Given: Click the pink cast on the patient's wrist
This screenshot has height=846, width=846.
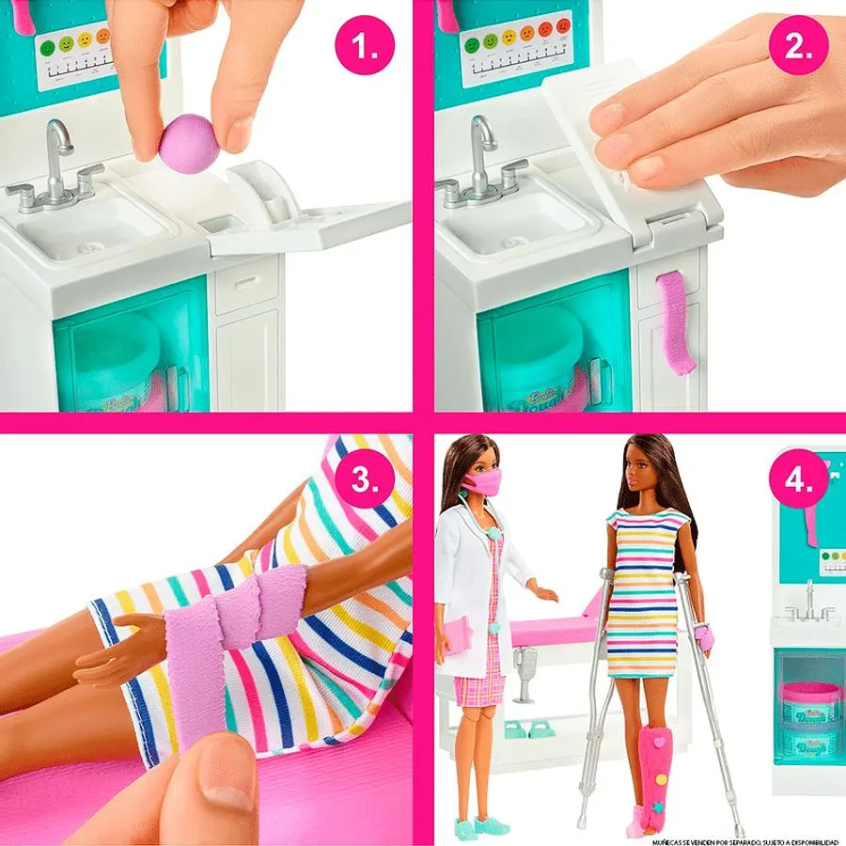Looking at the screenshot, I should (704, 640).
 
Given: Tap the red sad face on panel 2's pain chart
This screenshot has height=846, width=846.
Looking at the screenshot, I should (563, 26).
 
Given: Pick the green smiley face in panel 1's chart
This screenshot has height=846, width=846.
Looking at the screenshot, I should (66, 43).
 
